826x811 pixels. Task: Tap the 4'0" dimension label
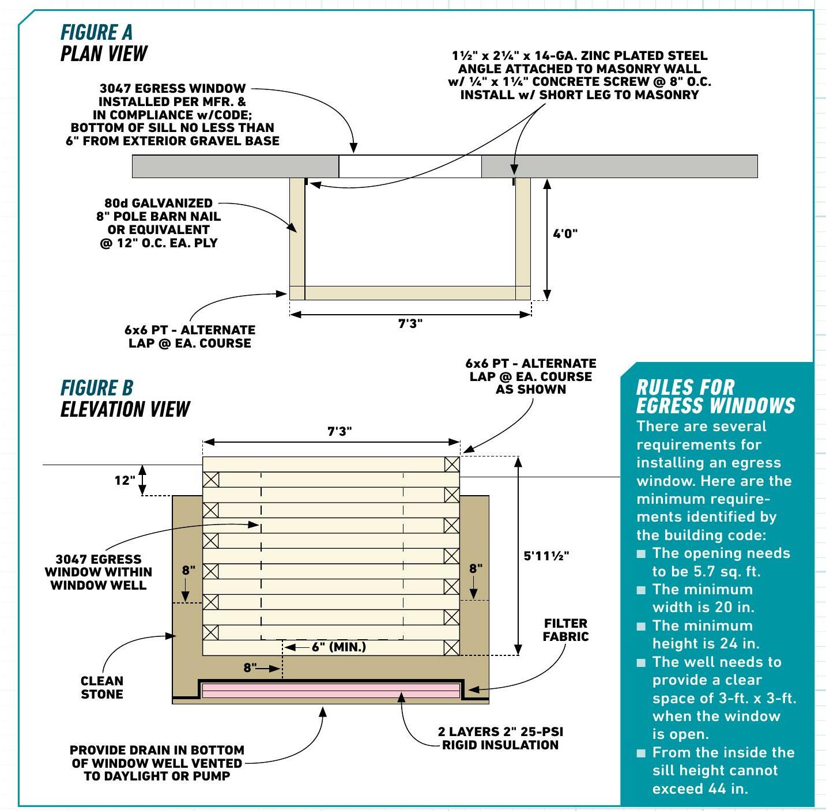(565, 234)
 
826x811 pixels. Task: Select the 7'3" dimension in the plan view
(410, 323)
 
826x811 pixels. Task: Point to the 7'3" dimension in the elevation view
(340, 431)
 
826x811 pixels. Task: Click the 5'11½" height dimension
(546, 556)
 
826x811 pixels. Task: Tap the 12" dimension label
(125, 480)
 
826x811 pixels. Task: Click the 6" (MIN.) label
(339, 647)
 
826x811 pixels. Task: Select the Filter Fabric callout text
(565, 630)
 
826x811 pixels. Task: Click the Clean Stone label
(102, 687)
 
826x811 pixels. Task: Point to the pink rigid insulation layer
(331, 691)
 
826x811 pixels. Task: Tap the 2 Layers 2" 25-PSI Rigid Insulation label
(500, 738)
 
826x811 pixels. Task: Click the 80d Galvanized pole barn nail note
(159, 223)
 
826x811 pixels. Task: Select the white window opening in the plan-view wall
(410, 167)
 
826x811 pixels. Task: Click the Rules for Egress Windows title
(715, 397)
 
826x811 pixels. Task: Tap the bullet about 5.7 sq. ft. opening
(721, 562)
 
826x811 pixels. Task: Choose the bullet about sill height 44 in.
(723, 771)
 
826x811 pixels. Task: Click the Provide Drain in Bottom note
(157, 763)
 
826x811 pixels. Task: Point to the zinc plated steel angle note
(579, 76)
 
